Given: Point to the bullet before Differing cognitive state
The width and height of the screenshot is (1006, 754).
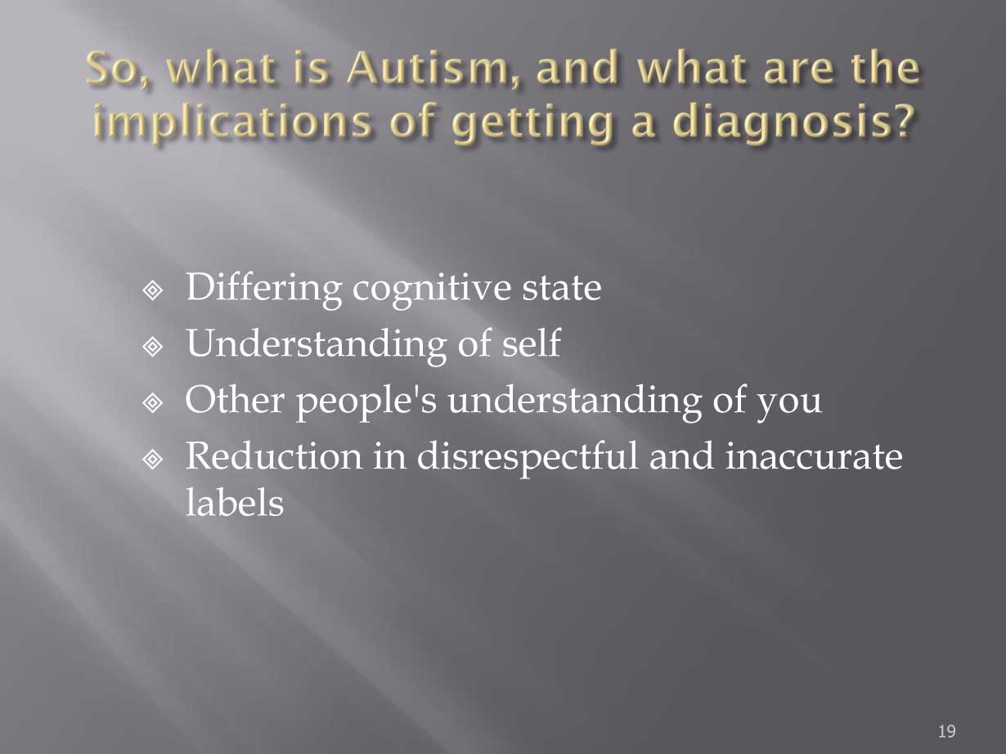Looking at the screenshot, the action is (153, 290).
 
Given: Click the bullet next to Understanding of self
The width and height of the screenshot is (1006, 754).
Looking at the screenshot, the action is (153, 347).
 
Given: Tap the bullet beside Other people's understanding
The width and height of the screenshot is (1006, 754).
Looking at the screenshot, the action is (153, 403).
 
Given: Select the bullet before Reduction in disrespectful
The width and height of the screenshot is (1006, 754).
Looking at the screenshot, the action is (153, 460).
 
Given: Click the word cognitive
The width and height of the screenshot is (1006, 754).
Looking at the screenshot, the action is (431, 289).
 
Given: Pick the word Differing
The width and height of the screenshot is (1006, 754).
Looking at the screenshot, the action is (263, 289).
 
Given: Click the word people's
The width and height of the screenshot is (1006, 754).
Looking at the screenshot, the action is (366, 402).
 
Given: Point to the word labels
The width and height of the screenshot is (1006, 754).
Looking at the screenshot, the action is (235, 502).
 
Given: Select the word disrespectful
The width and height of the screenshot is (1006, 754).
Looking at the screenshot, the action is (527, 457).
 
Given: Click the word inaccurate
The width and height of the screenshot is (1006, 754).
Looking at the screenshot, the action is (814, 457).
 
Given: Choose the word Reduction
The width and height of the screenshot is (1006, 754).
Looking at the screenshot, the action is (274, 456).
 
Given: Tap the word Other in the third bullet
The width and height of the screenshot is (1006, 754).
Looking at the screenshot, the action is (235, 399).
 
